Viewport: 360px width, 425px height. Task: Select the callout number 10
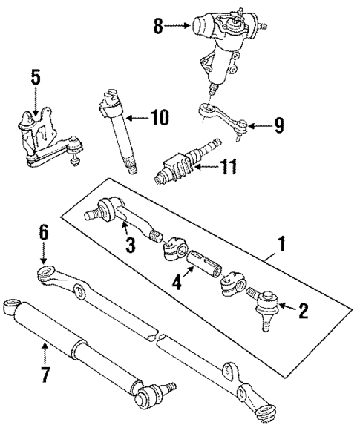(159, 116)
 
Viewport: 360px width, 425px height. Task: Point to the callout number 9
(278, 126)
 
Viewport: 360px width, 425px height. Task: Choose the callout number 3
(129, 244)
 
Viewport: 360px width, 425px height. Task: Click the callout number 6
(43, 232)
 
